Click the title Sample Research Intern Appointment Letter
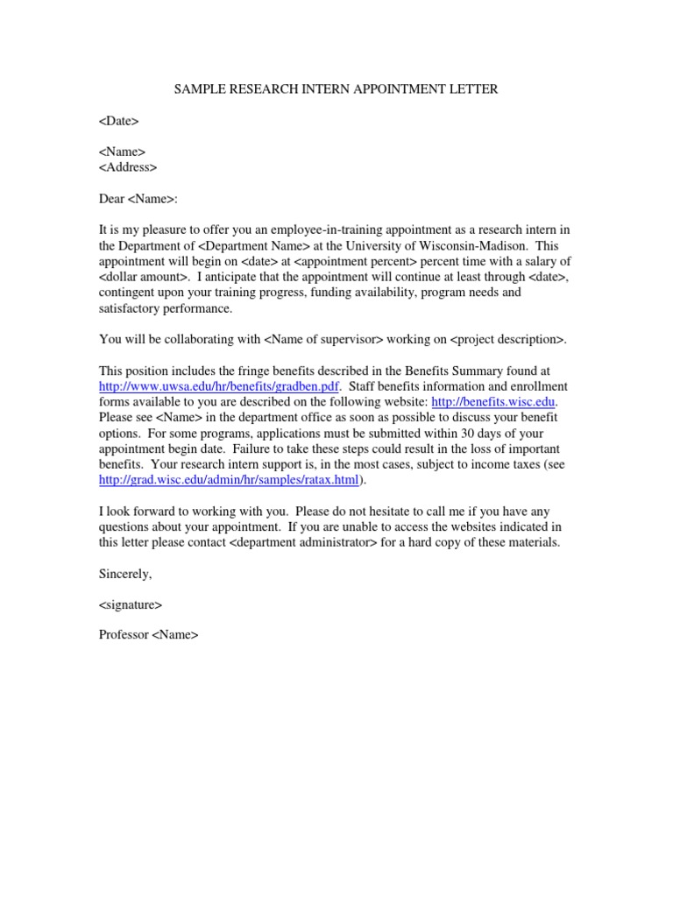[x=336, y=88]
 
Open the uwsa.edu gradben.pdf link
[x=218, y=386]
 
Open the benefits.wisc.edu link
[x=494, y=401]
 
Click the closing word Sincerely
[x=125, y=574]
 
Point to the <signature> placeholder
[x=131, y=604]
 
